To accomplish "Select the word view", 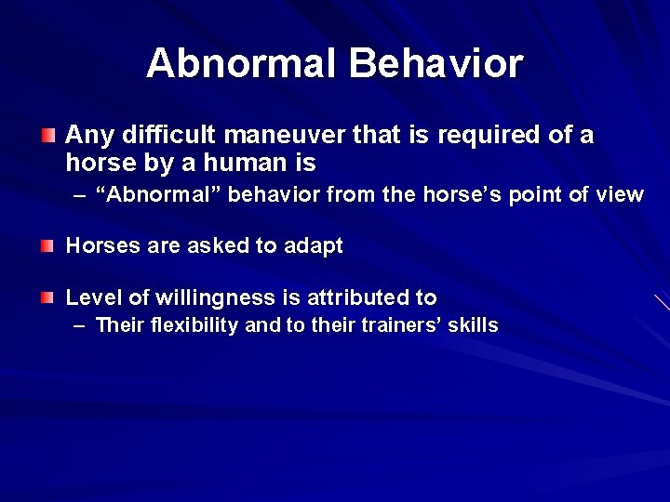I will pos(621,194).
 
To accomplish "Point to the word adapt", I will pos(314,246).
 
